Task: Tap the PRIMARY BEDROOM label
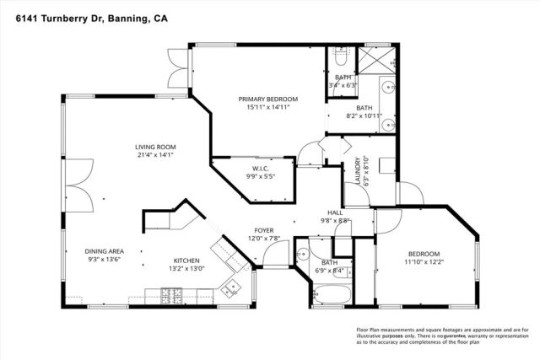point(267,98)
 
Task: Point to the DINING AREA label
point(105,251)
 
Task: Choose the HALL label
point(333,212)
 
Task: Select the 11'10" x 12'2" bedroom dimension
point(424,262)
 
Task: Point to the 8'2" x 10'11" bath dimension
point(364,116)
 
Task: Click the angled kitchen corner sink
point(229,288)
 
